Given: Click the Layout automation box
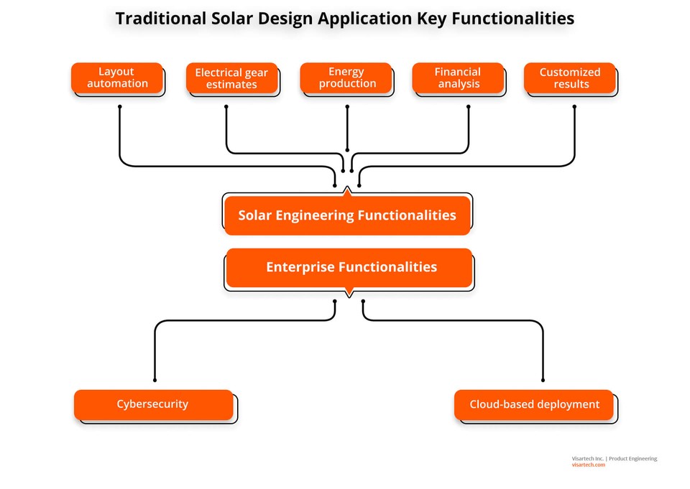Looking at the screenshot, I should point(117,78).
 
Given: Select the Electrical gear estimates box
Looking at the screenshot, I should point(231,78).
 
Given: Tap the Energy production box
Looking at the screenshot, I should point(346,78).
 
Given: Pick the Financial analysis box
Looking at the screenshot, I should point(457,78).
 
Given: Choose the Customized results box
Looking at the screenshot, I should point(570,78).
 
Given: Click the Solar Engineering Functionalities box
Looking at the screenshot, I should point(346,215).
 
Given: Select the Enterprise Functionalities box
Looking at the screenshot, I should point(350,267).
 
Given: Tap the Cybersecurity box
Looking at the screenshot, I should point(153,404).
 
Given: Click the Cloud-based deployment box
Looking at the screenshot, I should point(534,404).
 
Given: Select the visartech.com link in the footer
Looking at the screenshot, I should point(588,465).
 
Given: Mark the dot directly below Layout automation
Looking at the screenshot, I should point(119,107).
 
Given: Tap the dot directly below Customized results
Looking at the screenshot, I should point(574,107).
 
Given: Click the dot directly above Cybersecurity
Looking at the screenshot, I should point(155,380).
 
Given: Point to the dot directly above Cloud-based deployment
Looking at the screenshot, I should point(543,380).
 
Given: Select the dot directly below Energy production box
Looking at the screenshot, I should point(347,107).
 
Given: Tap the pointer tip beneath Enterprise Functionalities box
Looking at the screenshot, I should point(349,295).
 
